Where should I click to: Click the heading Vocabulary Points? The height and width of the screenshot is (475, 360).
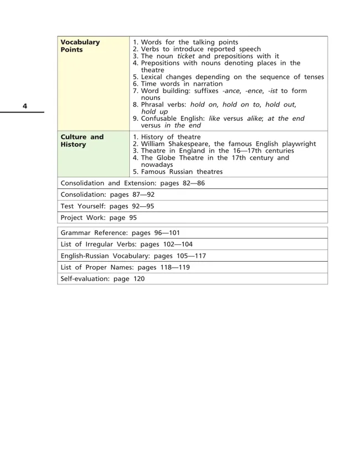(80, 45)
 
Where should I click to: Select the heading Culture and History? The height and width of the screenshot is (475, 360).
(81, 140)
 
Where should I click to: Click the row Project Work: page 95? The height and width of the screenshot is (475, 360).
(99, 217)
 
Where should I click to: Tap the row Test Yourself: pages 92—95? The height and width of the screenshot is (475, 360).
(107, 206)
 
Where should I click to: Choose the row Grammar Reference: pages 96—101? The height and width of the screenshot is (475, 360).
(120, 232)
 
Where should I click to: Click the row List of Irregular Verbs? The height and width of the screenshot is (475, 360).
(126, 244)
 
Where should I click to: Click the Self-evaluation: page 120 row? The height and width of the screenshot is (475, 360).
(102, 279)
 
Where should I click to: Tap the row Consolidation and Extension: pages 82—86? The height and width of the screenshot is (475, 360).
(132, 183)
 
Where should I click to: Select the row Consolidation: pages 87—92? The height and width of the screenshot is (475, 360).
(107, 195)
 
